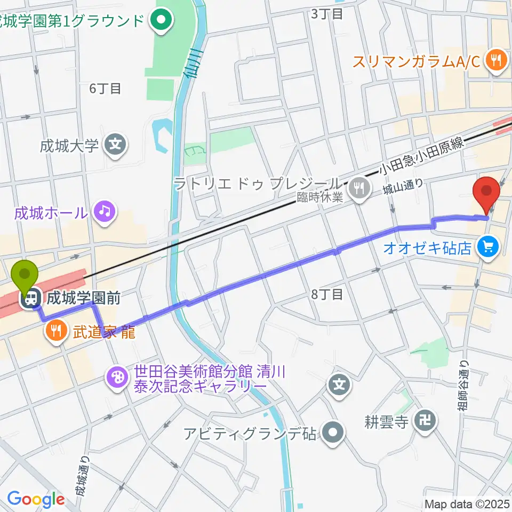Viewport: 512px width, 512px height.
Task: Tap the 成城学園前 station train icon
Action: click(33, 298)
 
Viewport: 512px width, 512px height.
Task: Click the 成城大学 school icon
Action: click(114, 145)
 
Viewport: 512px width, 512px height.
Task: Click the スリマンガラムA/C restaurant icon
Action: click(497, 61)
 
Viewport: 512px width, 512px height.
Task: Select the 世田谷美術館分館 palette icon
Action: click(116, 378)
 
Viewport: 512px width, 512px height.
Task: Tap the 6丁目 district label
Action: click(105, 89)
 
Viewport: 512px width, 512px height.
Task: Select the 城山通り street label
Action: click(403, 189)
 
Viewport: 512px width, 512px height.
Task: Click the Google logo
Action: click(36, 499)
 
